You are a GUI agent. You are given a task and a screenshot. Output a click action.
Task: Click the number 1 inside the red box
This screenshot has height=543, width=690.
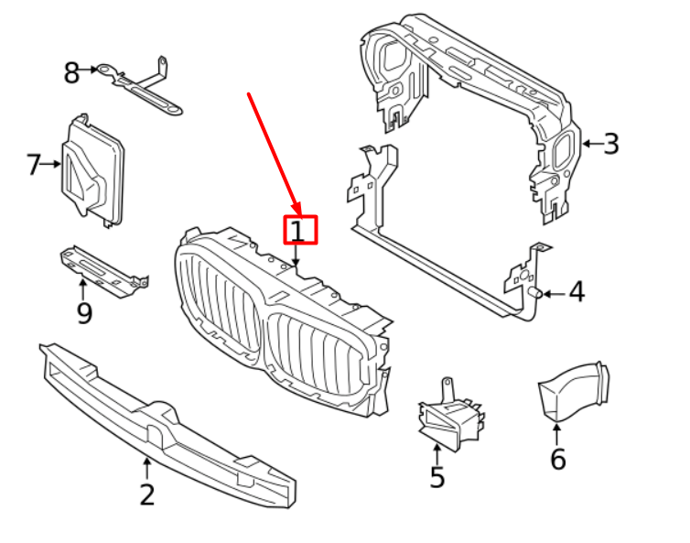(x=299, y=230)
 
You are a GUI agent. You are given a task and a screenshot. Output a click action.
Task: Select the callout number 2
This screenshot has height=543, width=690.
(x=147, y=494)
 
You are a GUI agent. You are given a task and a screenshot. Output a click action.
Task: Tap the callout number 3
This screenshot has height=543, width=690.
(x=611, y=144)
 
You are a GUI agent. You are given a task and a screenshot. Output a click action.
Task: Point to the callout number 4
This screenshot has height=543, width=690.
(x=576, y=293)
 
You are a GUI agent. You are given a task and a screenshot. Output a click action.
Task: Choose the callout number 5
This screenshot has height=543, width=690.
(x=437, y=477)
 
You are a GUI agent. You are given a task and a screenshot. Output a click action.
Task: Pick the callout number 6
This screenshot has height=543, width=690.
(x=557, y=459)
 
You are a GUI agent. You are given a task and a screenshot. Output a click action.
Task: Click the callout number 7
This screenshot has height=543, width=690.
(x=34, y=165)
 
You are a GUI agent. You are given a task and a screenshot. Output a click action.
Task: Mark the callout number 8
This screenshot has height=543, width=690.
(x=71, y=73)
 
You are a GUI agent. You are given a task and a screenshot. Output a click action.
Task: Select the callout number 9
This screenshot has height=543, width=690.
(x=84, y=315)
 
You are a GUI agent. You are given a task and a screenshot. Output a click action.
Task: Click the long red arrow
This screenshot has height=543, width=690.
(x=273, y=151)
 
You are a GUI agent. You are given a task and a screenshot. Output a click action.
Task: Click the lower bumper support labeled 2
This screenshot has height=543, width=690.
(x=165, y=421)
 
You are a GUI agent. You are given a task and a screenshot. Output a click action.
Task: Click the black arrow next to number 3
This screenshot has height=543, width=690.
(x=590, y=144)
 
